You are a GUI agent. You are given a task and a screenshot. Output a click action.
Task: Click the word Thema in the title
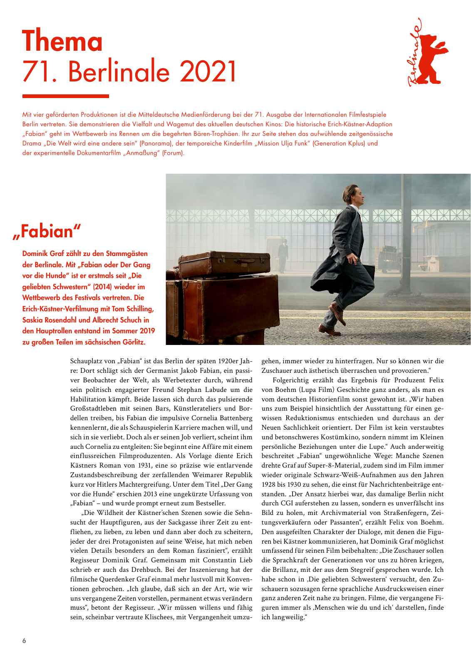pyautogui.click(x=62, y=42)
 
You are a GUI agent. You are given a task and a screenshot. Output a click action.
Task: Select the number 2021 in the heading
pyautogui.click(x=208, y=71)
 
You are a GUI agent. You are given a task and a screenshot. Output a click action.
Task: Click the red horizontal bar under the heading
pyautogui.click(x=65, y=96)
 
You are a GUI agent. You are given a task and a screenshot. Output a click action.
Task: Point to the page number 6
pyautogui.click(x=24, y=640)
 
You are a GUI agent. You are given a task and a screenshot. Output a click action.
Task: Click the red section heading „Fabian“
pyautogui.click(x=47, y=232)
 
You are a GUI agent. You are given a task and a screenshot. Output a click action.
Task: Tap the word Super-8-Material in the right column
pyautogui.click(x=341, y=465)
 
